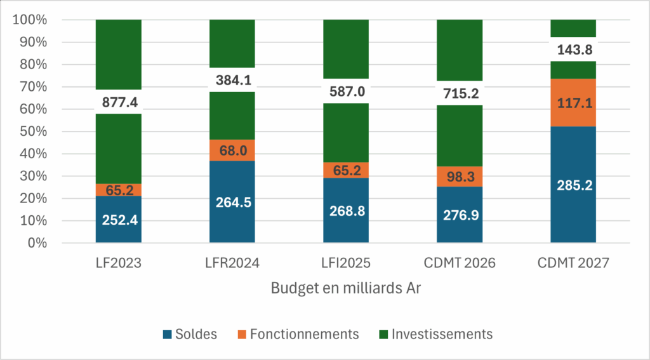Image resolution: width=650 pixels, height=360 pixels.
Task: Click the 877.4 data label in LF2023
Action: (x=118, y=102)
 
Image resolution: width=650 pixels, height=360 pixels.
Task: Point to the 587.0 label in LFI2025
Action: (x=346, y=91)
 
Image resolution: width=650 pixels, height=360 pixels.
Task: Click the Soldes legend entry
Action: (x=190, y=334)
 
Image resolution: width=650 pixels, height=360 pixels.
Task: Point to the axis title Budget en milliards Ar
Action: (x=346, y=288)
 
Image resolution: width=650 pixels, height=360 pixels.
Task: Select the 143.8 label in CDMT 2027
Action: (x=573, y=49)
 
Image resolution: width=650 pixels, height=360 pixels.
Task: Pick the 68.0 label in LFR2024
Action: (x=232, y=150)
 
